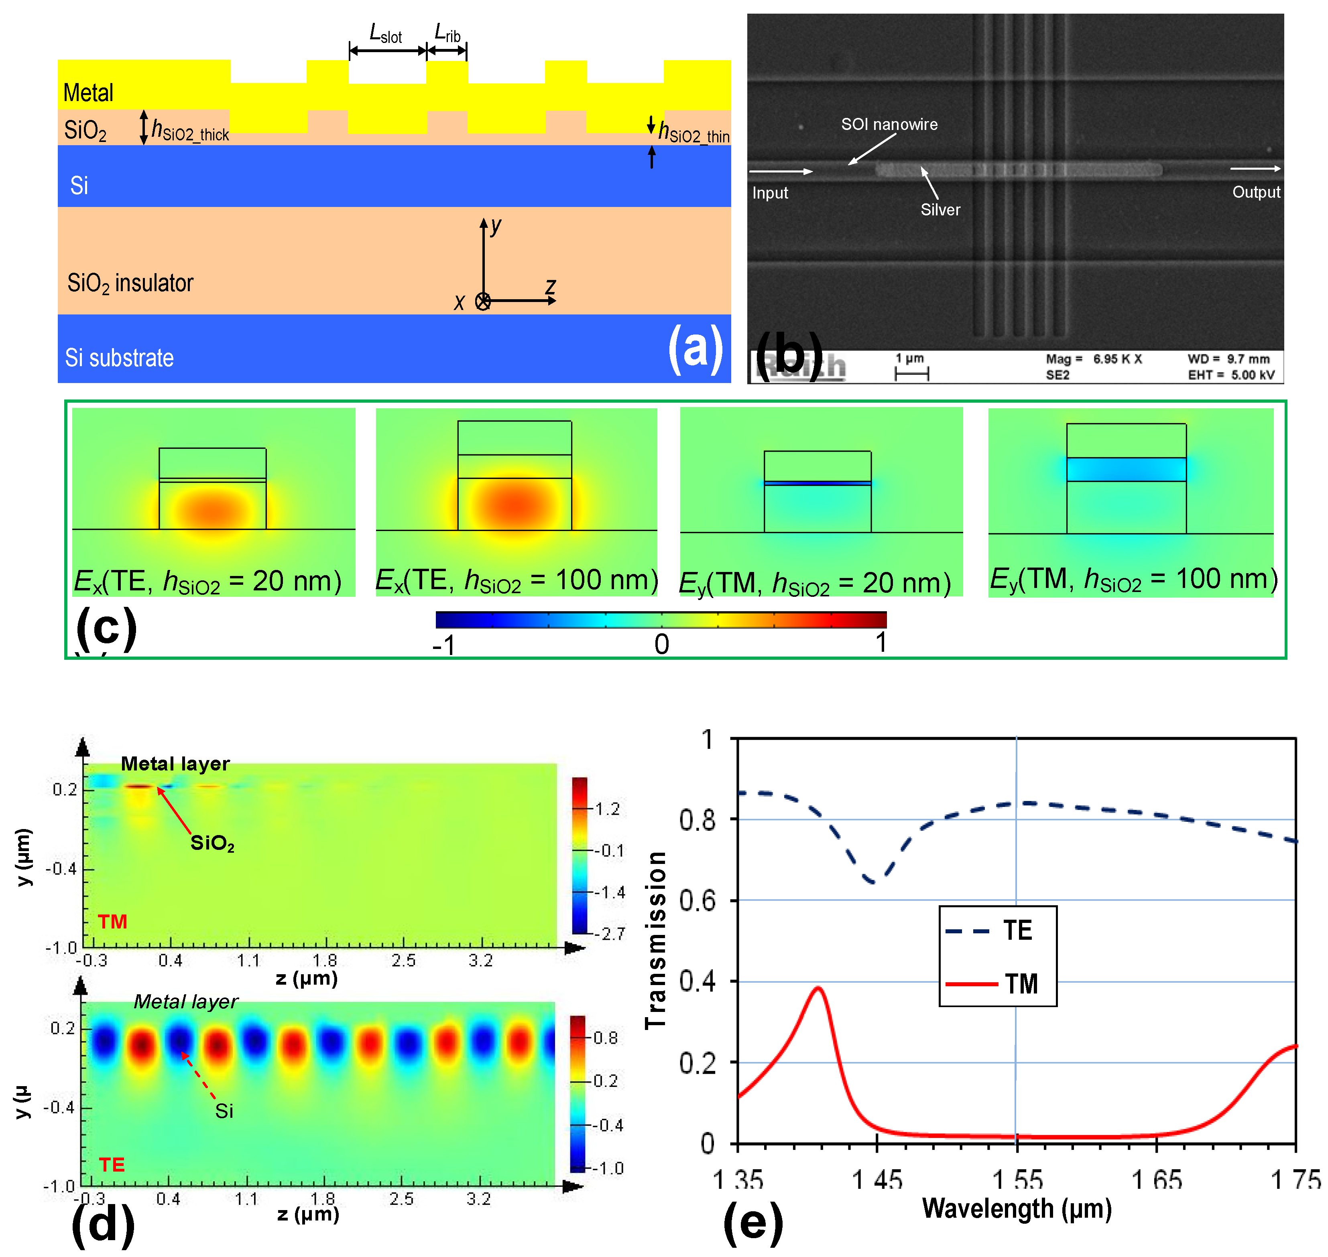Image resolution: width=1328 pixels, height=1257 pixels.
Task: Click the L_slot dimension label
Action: pos(386,34)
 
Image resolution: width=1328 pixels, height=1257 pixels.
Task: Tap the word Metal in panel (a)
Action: pos(88,93)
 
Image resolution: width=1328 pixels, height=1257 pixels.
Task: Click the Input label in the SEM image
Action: pos(770,193)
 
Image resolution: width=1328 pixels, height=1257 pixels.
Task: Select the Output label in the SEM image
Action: pos(1256,192)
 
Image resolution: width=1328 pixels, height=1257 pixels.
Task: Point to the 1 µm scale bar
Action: pos(912,374)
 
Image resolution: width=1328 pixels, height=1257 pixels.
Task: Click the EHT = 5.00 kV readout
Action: pos(1231,375)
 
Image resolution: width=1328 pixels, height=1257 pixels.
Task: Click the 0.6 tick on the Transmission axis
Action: pos(697,900)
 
